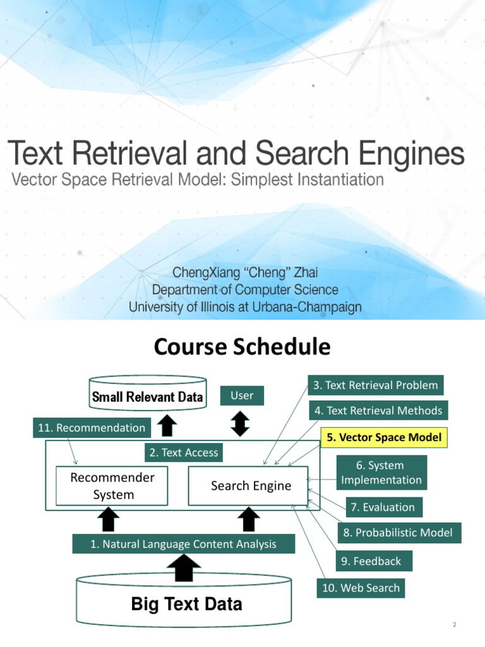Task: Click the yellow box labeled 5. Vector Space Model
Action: coord(384,437)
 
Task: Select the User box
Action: coord(242,396)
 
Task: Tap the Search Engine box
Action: coord(248,486)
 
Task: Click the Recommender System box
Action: coord(112,486)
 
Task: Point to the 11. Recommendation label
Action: coord(92,428)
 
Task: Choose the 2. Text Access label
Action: coord(184,452)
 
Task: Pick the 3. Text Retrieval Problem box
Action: coord(376,385)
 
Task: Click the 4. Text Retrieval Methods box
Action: coord(378,411)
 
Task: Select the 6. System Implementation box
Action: coord(381,473)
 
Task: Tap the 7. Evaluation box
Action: coord(383,507)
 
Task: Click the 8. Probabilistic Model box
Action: coord(398,533)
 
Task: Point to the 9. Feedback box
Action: coord(371,561)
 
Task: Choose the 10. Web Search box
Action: coord(361,588)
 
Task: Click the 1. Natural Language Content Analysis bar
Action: coord(184,544)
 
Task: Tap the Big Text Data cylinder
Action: coord(184,603)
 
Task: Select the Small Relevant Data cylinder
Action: coord(148,394)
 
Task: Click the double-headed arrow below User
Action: coord(241,424)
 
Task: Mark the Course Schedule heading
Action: coord(242,347)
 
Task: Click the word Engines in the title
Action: coord(411,153)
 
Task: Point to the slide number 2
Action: coord(455,624)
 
